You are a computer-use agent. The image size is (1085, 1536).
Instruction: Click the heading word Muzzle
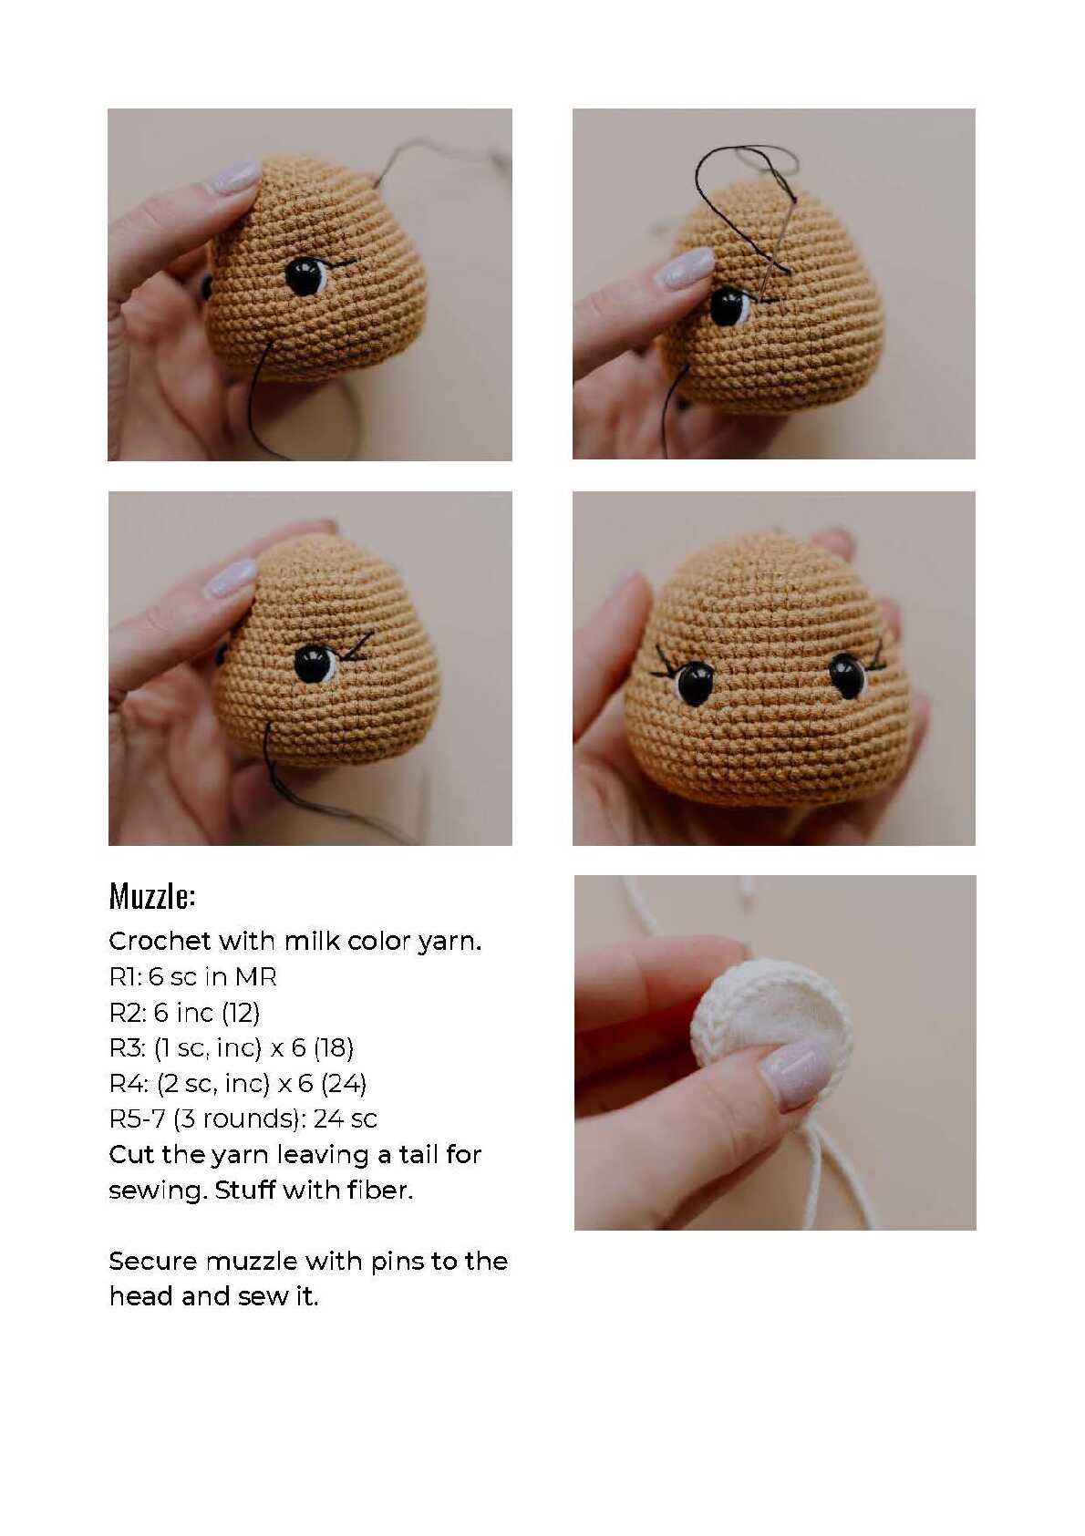pos(151,895)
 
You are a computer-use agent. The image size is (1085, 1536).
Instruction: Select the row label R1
pos(125,976)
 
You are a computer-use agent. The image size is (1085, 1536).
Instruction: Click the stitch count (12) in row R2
pos(241,1012)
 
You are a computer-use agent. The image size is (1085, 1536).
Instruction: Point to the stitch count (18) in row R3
pos(334,1047)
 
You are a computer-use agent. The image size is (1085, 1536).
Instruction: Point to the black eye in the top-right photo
pos(729,306)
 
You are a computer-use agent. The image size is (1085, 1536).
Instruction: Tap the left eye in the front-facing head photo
pos(693,682)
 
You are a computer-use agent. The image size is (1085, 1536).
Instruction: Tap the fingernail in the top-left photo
pos(236,177)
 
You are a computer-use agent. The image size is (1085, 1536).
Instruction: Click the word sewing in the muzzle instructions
pos(158,1191)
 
